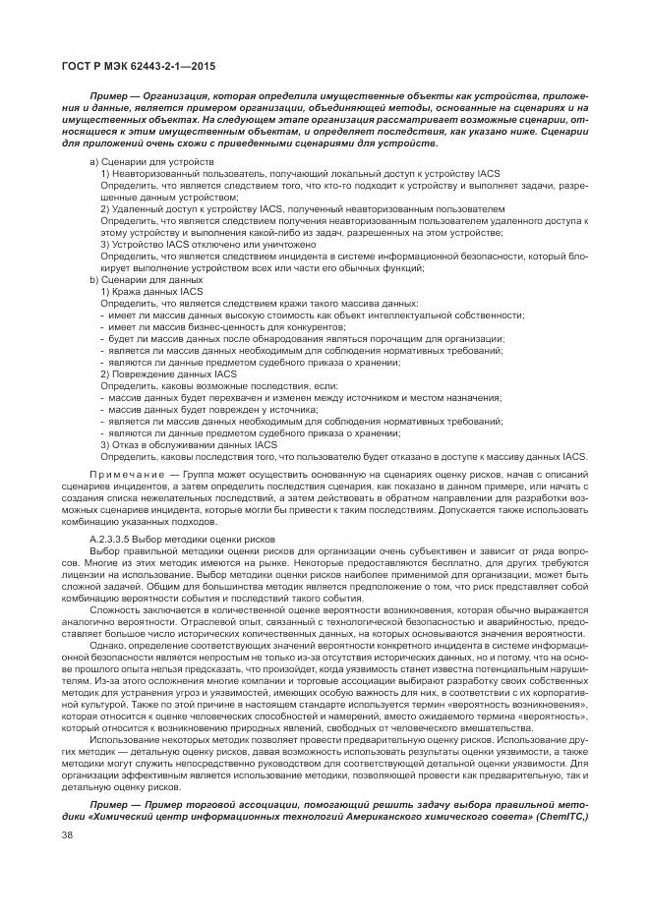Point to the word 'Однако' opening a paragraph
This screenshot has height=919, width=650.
click(108, 647)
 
